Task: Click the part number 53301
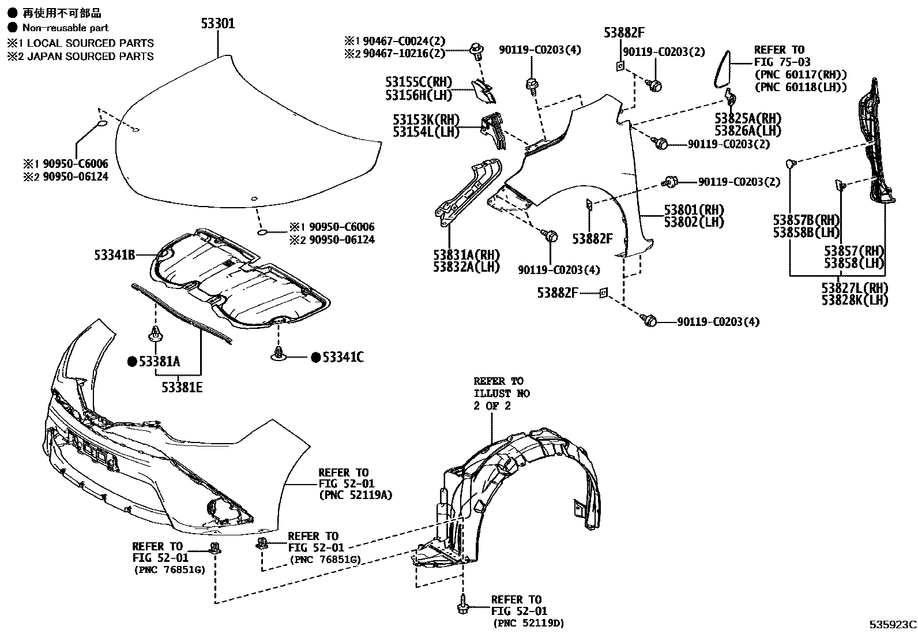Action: (x=218, y=24)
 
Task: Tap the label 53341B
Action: (x=115, y=254)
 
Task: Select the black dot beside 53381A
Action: (x=131, y=362)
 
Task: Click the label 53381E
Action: (x=182, y=387)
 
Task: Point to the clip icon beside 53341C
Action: (x=279, y=353)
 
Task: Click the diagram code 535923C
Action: (x=893, y=624)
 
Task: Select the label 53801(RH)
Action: (x=694, y=209)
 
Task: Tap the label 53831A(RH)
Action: (x=466, y=254)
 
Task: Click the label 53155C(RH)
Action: (x=419, y=82)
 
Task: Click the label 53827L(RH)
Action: (x=855, y=287)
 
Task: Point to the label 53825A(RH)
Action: (x=747, y=118)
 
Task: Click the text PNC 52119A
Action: (x=355, y=495)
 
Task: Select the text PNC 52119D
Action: (x=528, y=623)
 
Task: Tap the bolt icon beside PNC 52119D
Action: (x=462, y=605)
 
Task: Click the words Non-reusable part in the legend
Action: (x=65, y=27)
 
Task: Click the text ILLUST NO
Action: (x=502, y=393)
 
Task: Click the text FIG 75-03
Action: (x=782, y=62)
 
